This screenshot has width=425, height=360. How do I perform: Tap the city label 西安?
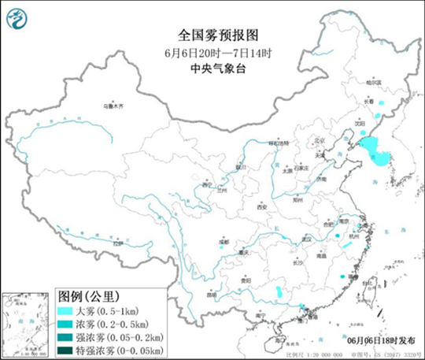tap(262, 206)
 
